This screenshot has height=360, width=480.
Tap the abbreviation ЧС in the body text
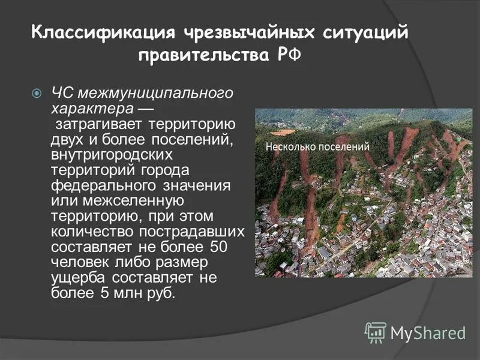[x=61, y=93]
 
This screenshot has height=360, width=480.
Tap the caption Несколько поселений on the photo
[x=317, y=147]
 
